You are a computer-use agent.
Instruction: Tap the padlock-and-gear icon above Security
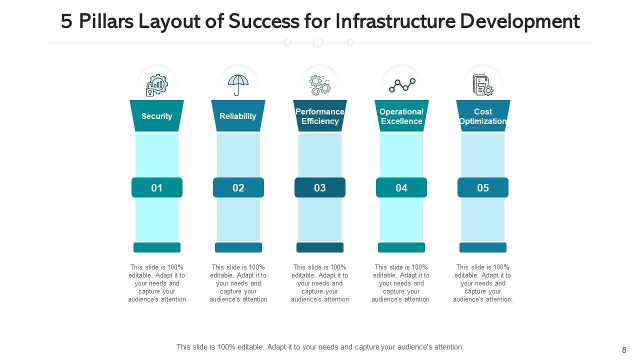157,85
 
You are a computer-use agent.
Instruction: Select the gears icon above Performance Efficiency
320,85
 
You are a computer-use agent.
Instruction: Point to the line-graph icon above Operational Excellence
401,85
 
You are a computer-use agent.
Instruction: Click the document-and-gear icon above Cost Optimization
483,85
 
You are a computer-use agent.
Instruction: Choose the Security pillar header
157,116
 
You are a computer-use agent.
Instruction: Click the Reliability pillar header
238,116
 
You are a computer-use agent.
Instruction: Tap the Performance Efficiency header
320,116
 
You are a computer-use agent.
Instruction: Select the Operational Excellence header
401,116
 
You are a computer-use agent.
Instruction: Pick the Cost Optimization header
483,116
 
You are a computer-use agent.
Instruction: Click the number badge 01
157,187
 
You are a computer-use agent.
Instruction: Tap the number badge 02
238,187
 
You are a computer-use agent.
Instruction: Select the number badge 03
320,187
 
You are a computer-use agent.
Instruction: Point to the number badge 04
401,187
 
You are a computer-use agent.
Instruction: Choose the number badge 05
483,187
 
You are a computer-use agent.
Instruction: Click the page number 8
624,350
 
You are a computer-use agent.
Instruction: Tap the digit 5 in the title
66,21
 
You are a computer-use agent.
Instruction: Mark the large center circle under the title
318,42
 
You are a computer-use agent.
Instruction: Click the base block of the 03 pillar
320,247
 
